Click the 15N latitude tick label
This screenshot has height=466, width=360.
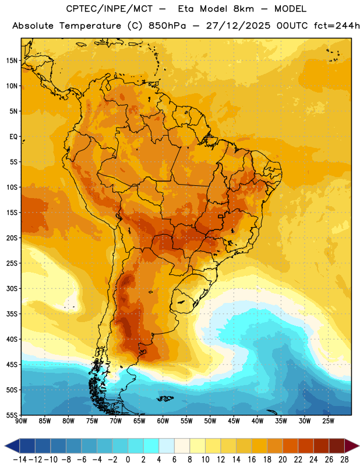pyautogui.click(x=12, y=61)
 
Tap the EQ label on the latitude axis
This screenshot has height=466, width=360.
pyautogui.click(x=13, y=137)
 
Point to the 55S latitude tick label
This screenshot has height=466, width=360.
pyautogui.click(x=12, y=415)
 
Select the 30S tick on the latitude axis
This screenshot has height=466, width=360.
pyautogui.click(x=12, y=288)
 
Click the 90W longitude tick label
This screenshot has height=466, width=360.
pyautogui.click(x=21, y=421)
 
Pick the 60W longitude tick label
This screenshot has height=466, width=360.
pyautogui.click(x=163, y=421)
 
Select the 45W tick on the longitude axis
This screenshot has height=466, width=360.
pyautogui.click(x=234, y=421)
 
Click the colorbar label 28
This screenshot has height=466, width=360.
pyautogui.click(x=344, y=460)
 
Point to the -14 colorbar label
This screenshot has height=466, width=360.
pyautogui.click(x=20, y=460)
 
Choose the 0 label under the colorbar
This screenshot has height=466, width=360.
pyautogui.click(x=128, y=460)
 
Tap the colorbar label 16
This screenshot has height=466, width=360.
pyautogui.click(x=252, y=460)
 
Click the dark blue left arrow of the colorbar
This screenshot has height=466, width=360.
pyautogui.click(x=12, y=446)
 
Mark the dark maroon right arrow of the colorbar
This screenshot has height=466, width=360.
pyautogui.click(x=352, y=446)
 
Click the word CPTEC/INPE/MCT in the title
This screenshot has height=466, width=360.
pyautogui.click(x=110, y=9)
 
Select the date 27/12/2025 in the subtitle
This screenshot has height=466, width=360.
pyautogui.click(x=238, y=26)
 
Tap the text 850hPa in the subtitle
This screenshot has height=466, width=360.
pyautogui.click(x=167, y=26)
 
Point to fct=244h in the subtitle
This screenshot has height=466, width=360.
pyautogui.click(x=337, y=26)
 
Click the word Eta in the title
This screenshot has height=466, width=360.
pyautogui.click(x=186, y=9)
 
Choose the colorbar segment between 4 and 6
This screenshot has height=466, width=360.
pyautogui.click(x=167, y=446)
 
